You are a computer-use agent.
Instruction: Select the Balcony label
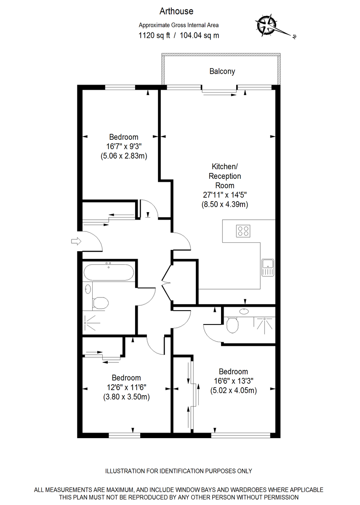tap(222, 72)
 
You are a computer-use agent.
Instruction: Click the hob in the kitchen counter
tap(243, 231)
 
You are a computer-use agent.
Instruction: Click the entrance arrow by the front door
tap(75, 241)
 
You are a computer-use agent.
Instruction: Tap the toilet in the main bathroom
tap(100, 302)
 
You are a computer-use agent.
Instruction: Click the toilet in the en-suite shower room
tap(233, 325)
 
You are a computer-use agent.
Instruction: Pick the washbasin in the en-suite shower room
tap(244, 311)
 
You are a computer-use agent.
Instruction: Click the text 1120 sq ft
tap(154, 35)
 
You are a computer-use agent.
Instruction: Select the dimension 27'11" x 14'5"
tap(224, 195)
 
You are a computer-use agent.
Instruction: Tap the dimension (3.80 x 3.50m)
tap(126, 396)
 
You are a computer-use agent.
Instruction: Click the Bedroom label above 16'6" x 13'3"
tap(233, 372)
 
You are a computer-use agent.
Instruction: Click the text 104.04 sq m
tap(199, 35)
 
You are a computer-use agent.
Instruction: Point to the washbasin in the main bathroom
tap(88, 289)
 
